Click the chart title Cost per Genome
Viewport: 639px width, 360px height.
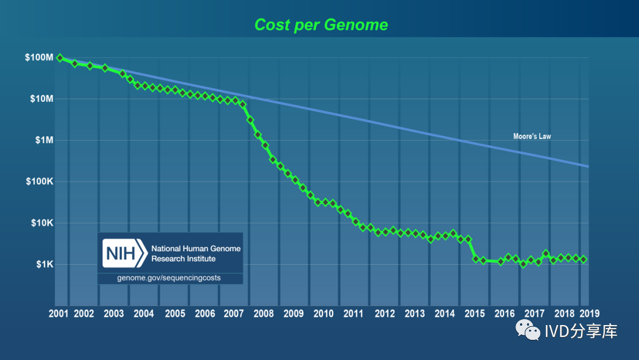[x=321, y=25]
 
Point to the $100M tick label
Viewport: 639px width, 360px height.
[x=39, y=58]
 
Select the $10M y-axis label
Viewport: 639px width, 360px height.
[x=41, y=99]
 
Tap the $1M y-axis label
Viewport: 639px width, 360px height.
[x=43, y=140]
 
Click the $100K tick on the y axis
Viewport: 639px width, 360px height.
[x=39, y=182]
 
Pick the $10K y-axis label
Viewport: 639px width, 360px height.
[x=41, y=223]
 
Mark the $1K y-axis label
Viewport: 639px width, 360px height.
[x=43, y=264]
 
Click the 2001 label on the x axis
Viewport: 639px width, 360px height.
[x=58, y=314]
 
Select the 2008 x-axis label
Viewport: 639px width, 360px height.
[x=263, y=314]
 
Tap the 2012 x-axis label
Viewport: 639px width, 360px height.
[x=385, y=314]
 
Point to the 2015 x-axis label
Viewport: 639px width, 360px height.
[x=474, y=314]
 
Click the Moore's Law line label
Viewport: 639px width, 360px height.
[x=532, y=137]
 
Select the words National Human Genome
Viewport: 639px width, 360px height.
[x=196, y=249]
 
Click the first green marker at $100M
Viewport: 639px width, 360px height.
[x=60, y=57]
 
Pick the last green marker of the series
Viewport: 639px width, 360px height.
[x=583, y=259]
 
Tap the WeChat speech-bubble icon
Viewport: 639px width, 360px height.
[x=528, y=330]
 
